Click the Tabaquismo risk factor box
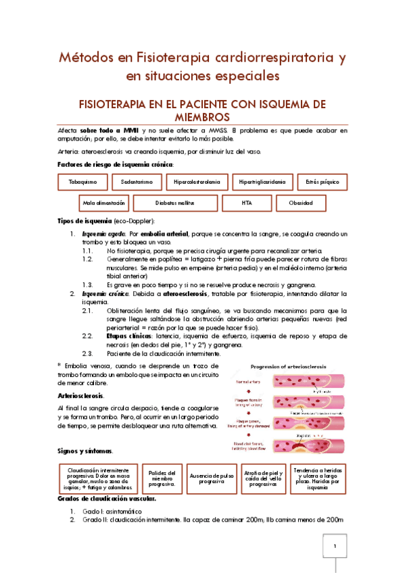click(x=82, y=182)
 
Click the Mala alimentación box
click(x=103, y=203)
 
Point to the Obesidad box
click(x=300, y=203)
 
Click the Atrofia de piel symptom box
click(x=263, y=479)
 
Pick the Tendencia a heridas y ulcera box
click(x=317, y=479)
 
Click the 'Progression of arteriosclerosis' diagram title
click(x=287, y=367)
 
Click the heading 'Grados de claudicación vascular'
click(x=107, y=499)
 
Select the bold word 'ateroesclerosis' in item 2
click(x=194, y=294)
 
